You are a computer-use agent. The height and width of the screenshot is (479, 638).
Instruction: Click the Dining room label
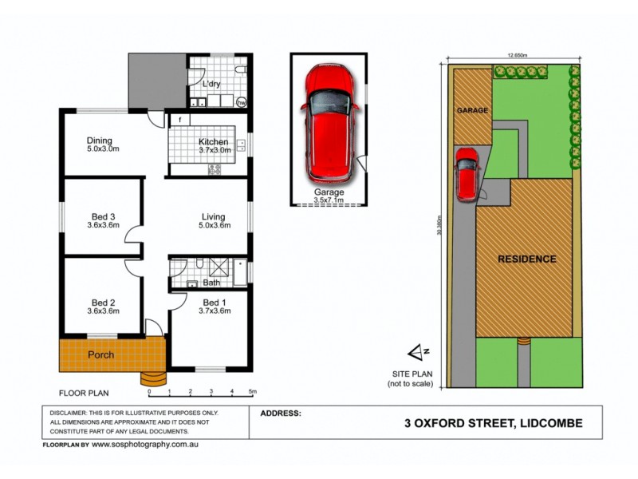point(99,141)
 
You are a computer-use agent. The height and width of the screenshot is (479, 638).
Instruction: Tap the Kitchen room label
point(214,142)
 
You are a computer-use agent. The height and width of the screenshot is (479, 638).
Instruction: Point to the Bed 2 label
point(103,303)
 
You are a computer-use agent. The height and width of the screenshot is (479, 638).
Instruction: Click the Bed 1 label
point(214,303)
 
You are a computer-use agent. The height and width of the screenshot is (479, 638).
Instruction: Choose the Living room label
point(213,217)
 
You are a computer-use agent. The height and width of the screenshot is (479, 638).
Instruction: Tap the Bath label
point(211,283)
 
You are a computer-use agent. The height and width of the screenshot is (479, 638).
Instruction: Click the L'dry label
point(211,84)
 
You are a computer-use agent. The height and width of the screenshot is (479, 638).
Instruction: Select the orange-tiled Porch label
point(100,354)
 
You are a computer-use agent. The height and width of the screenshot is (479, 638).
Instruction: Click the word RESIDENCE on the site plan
point(527,259)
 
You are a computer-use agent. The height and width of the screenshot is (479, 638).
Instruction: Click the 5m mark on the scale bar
point(252,392)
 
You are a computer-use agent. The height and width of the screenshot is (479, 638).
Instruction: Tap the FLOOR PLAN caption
point(84,393)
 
